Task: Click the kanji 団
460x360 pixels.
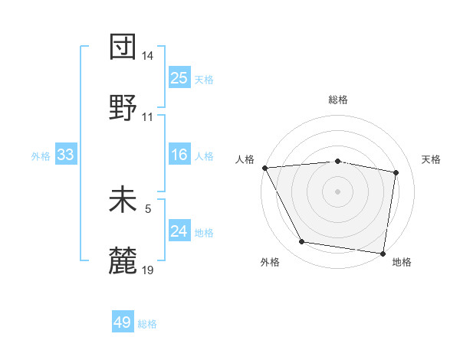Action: pyautogui.click(x=123, y=47)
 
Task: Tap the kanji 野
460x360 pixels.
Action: pyautogui.click(x=123, y=108)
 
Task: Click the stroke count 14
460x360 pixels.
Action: pyautogui.click(x=148, y=56)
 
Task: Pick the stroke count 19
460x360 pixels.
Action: pyautogui.click(x=148, y=270)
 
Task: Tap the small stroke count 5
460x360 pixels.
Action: pyautogui.click(x=148, y=208)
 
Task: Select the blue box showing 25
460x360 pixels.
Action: pyautogui.click(x=179, y=77)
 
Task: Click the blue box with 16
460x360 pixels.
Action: pyautogui.click(x=179, y=155)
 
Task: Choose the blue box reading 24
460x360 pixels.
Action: pyautogui.click(x=179, y=231)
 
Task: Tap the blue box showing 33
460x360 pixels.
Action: pyautogui.click(x=66, y=155)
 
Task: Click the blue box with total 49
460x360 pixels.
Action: pyautogui.click(x=123, y=322)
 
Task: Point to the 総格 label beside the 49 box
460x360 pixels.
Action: pyautogui.click(x=148, y=324)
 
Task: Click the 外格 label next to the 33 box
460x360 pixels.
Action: pyautogui.click(x=41, y=156)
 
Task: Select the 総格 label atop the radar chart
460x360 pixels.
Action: pyautogui.click(x=337, y=100)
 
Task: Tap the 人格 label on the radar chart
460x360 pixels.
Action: pyautogui.click(x=246, y=159)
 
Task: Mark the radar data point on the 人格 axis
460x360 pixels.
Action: pyautogui.click(x=264, y=168)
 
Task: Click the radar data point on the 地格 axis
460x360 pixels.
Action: pyautogui.click(x=383, y=253)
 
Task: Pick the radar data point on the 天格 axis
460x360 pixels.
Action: pyautogui.click(x=396, y=172)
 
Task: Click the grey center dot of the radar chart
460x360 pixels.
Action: pyautogui.click(x=337, y=191)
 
